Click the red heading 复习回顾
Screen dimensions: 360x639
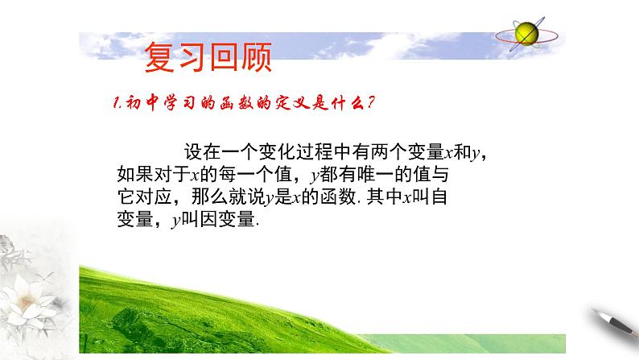click(207, 56)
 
